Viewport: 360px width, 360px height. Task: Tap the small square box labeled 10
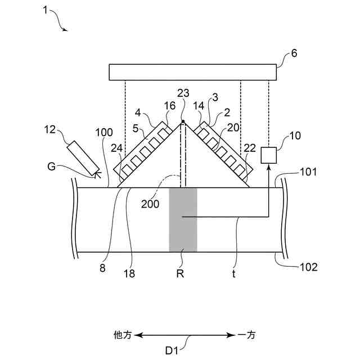tap(269, 155)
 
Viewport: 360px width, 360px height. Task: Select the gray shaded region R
tap(183, 219)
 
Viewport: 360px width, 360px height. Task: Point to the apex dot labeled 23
tap(183, 121)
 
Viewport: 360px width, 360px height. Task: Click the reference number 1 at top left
tap(46, 11)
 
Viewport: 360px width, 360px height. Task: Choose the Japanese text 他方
tap(122, 335)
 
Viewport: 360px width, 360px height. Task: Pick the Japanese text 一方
tap(246, 335)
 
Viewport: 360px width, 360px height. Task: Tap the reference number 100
tap(104, 133)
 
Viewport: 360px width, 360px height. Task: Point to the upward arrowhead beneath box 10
tap(269, 168)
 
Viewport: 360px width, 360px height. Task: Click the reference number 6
tap(294, 54)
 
